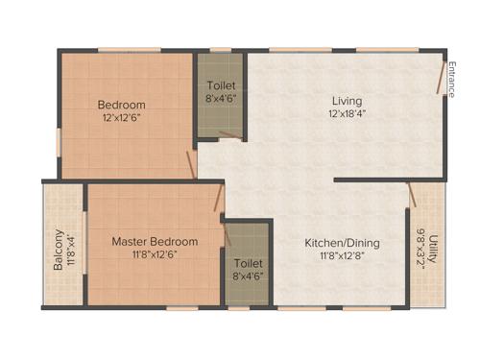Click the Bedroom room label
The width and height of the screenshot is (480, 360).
(122, 105)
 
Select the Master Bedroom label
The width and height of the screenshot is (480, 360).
(155, 241)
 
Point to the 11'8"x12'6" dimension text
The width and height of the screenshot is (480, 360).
(155, 254)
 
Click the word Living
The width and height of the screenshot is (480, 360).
(347, 101)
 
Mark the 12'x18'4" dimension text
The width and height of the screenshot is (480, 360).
(347, 113)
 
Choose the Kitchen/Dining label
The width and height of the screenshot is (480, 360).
(342, 243)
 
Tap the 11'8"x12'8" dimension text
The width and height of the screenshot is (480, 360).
(342, 256)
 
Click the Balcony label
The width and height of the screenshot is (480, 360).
(59, 249)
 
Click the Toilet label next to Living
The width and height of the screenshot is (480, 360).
(220, 84)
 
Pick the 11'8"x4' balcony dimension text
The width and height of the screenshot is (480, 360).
(71, 249)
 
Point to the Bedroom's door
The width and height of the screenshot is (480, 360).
(193, 157)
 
